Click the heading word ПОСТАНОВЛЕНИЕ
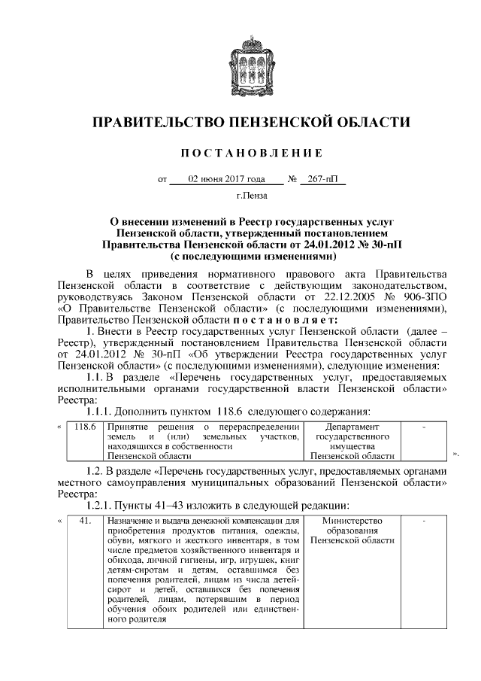coord(252,154)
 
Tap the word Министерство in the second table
coord(352,521)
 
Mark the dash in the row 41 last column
coord(425,521)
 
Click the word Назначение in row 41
coord(132,521)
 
